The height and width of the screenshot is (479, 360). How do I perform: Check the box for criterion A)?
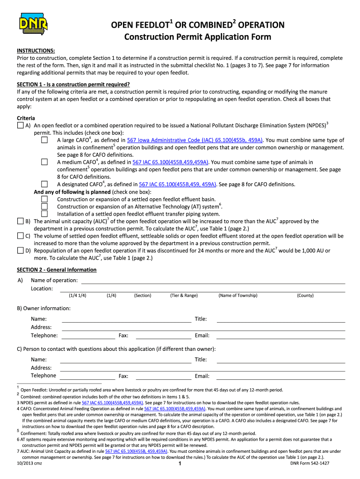click(x=20, y=126)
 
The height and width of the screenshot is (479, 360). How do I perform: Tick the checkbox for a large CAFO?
click(x=44, y=140)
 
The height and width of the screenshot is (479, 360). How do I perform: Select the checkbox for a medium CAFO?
click(x=44, y=162)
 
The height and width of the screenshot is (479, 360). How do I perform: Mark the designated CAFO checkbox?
click(x=44, y=184)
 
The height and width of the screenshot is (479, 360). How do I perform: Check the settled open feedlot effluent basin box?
click(x=44, y=199)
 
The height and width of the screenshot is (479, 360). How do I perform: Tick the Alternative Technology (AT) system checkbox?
click(x=44, y=206)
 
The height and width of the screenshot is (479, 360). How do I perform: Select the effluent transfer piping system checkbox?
click(x=44, y=214)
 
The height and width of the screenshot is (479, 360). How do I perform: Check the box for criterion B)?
click(x=20, y=221)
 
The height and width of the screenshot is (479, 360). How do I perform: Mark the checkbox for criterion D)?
click(x=20, y=250)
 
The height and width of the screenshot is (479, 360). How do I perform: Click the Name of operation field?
click(x=213, y=280)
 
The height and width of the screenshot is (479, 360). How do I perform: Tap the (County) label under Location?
click(x=305, y=296)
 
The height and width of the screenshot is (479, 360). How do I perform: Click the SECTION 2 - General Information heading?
click(x=57, y=270)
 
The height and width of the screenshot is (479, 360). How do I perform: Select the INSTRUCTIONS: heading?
click(x=36, y=50)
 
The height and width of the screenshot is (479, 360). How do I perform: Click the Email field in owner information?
click(x=281, y=335)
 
